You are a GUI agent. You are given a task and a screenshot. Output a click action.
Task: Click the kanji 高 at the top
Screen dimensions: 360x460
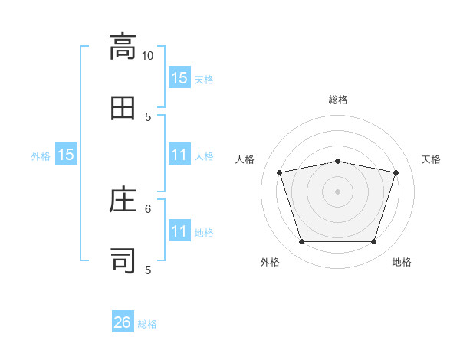coord(123,47)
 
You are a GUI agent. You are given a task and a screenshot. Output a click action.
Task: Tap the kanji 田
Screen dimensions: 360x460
coord(123,108)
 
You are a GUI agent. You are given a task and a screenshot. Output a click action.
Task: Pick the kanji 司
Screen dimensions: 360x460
coord(123,261)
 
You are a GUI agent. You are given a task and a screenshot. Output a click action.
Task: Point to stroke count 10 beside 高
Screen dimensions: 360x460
coord(147,55)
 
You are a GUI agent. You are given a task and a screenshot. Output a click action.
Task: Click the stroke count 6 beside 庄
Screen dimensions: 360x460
coord(149,208)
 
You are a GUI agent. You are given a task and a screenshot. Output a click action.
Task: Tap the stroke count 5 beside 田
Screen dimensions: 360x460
coord(149,116)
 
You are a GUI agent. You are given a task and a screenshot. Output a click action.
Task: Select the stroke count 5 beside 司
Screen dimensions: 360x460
coord(149,270)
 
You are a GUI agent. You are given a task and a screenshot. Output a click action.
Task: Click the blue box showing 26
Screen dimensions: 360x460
coord(123,322)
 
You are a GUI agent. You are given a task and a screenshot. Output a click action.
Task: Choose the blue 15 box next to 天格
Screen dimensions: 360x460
coord(179,78)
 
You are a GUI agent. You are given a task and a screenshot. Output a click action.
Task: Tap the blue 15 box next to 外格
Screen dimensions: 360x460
coord(66,155)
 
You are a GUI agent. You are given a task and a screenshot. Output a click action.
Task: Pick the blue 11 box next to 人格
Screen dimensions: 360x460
coord(179,155)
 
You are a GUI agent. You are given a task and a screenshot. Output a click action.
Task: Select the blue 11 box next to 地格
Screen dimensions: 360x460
coord(179,231)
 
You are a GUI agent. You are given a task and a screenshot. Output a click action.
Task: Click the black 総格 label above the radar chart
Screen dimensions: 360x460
coord(338,100)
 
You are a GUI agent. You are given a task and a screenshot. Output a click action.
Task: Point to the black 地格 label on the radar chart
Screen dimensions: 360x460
coord(402,262)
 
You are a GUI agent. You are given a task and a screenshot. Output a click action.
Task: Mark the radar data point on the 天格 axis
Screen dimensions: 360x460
coord(396,172)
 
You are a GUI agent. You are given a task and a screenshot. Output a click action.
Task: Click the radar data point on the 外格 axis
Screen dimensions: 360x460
coord(301,242)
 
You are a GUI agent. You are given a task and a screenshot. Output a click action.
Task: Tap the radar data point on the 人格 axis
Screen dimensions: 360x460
coord(280,172)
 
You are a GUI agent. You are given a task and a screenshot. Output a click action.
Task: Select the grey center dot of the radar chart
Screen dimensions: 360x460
coord(337,191)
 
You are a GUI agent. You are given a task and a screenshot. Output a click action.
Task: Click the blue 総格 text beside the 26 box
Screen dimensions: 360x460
coord(147,324)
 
